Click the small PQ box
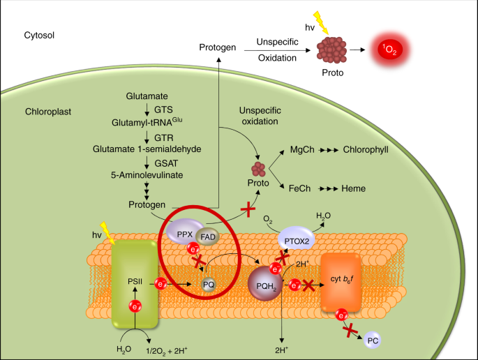coord(209,284)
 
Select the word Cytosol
coord(39,34)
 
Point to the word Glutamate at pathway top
coord(147,95)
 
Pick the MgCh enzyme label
coord(301,149)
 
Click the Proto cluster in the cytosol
coord(331,48)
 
